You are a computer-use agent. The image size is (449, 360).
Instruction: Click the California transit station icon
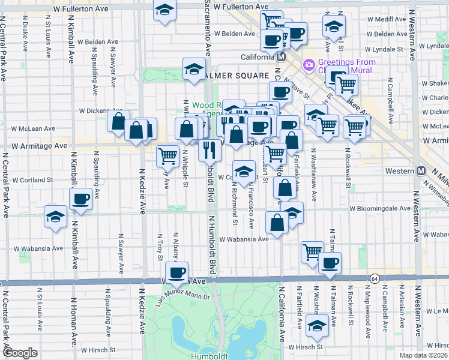tap(280, 56)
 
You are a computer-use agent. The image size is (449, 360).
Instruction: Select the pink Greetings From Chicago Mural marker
tap(309, 64)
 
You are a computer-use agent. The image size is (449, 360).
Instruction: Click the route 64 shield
tap(375, 278)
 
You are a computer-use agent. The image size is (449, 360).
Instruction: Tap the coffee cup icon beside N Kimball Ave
tap(80, 199)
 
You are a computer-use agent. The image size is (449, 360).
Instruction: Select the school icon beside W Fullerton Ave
tap(164, 10)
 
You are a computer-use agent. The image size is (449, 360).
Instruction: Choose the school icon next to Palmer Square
tap(194, 69)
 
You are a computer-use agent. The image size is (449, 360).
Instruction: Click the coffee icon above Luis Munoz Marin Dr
tap(176, 272)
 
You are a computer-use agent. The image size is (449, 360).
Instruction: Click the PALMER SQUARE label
tap(237, 76)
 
